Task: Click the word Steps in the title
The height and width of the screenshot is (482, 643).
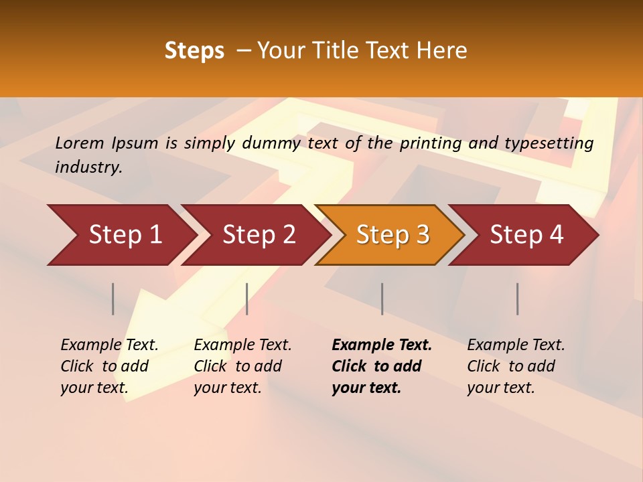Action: click(x=194, y=51)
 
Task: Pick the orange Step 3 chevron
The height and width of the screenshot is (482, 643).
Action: click(x=390, y=234)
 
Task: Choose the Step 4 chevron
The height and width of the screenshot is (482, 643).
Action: click(x=524, y=234)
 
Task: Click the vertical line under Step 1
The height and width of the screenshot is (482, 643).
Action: click(x=113, y=299)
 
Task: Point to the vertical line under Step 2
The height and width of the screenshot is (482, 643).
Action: click(x=247, y=299)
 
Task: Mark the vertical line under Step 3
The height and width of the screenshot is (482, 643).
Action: click(x=382, y=299)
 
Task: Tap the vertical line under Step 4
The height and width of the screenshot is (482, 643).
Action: click(x=518, y=299)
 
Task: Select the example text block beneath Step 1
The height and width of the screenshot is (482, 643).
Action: click(x=109, y=366)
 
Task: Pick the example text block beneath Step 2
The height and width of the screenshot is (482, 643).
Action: click(x=242, y=366)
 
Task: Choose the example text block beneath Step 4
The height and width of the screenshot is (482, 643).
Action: click(x=516, y=366)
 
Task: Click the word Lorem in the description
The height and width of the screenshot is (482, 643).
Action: click(x=80, y=143)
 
